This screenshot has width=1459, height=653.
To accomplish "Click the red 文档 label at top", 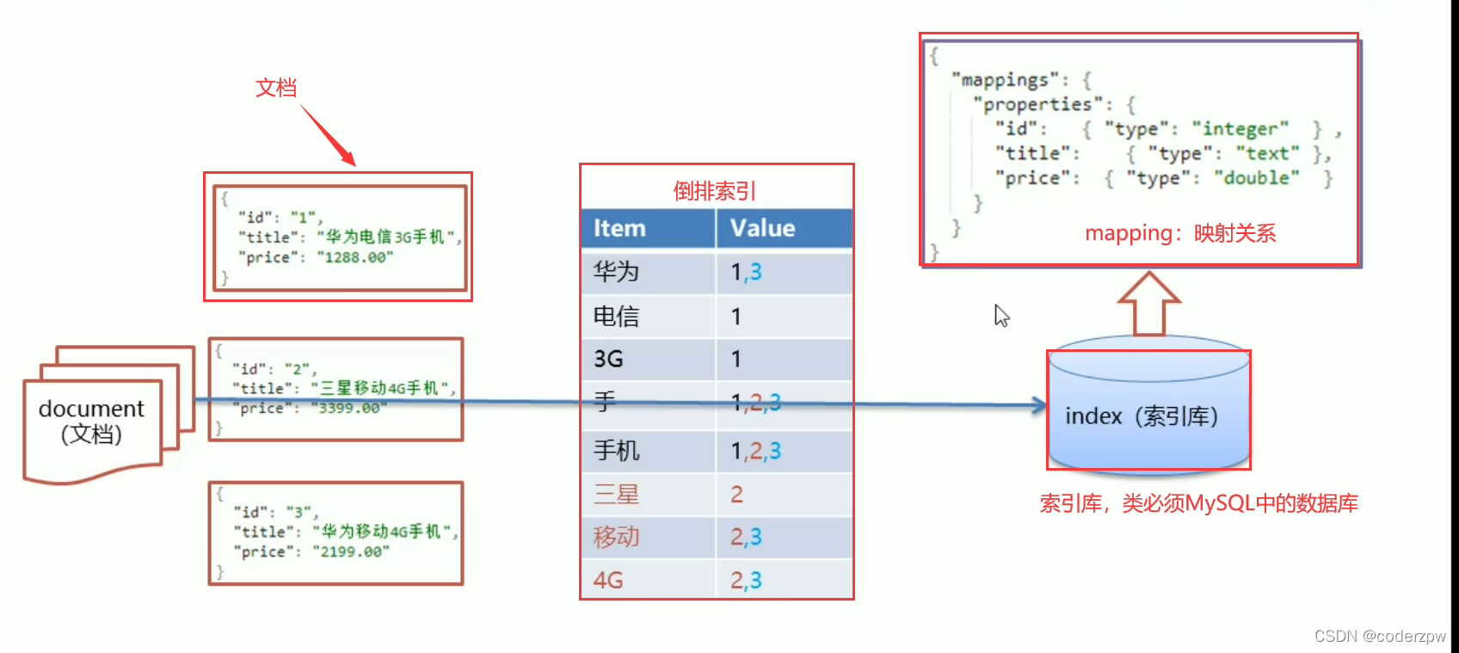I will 276,88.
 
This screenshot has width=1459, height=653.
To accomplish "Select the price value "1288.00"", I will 354,257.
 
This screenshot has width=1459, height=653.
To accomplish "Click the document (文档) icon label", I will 91,421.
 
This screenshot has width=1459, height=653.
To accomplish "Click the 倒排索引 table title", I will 715,191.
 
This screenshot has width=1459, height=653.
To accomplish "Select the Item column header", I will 619,229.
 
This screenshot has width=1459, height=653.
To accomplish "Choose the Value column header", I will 762,229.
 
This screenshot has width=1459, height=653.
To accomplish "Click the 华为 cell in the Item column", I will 616,272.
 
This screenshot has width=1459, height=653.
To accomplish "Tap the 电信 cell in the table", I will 616,317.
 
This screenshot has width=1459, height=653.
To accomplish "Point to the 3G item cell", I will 608,359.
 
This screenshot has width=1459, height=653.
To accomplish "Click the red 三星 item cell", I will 616,495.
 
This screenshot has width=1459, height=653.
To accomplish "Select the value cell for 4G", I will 746,581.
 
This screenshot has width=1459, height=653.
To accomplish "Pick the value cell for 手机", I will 755,451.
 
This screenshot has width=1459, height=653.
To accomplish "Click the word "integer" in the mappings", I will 1240,129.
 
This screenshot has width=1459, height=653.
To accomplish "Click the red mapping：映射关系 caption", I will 1180,233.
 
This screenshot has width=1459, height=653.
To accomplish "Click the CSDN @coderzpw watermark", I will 1380,637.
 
